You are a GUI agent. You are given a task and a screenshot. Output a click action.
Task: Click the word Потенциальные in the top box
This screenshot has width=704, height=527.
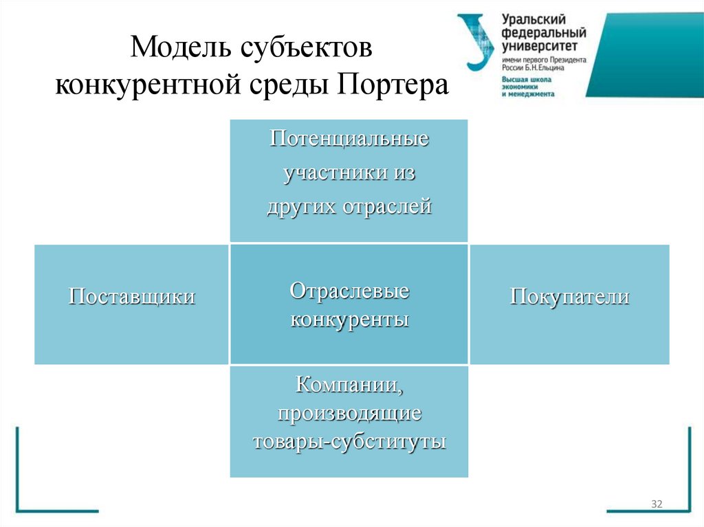click(349, 139)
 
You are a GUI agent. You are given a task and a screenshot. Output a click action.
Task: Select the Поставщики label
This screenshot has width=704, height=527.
click(131, 296)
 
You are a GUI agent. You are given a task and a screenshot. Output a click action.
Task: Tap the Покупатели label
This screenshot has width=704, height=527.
click(569, 296)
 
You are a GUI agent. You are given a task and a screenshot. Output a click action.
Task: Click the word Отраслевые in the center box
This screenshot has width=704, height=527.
click(349, 291)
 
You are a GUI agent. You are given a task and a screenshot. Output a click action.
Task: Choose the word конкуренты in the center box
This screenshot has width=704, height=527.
click(349, 319)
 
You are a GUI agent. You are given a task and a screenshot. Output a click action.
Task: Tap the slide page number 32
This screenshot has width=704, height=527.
click(656, 505)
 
